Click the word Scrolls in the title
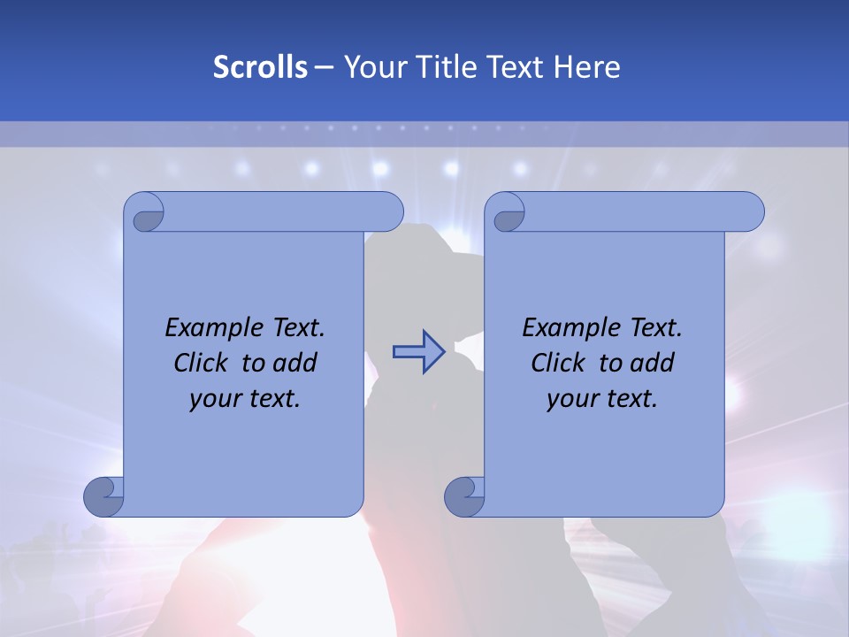(260, 67)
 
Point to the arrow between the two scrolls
(418, 351)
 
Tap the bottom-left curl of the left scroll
(103, 497)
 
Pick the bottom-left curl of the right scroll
(463, 497)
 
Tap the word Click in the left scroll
(203, 363)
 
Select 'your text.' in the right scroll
(602, 399)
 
